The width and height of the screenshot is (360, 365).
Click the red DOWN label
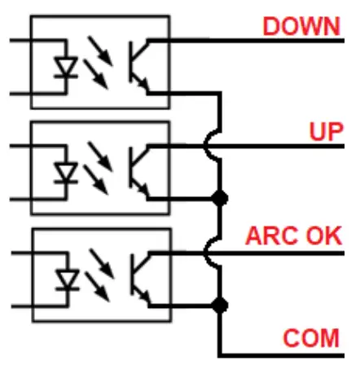pyautogui.click(x=301, y=26)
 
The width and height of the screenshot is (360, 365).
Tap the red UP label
pyautogui.click(x=327, y=132)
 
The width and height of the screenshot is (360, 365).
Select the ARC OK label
pyautogui.click(x=293, y=235)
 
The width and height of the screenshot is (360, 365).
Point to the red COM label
pyautogui.click(x=311, y=338)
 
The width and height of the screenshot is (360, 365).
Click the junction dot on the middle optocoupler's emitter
pyautogui.click(x=219, y=198)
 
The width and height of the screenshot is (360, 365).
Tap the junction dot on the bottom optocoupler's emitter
pyautogui.click(x=219, y=306)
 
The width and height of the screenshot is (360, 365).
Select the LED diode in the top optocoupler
pyautogui.click(x=66, y=68)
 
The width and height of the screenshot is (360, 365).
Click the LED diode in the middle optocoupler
pyautogui.click(x=66, y=173)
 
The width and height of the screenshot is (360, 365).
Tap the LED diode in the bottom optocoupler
pyautogui.click(x=67, y=280)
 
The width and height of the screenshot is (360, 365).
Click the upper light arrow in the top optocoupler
pyautogui.click(x=100, y=51)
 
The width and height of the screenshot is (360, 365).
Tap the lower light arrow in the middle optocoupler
pyautogui.click(x=96, y=180)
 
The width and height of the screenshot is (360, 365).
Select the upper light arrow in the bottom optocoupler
pyautogui.click(x=102, y=263)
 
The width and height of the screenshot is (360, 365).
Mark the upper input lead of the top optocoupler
pyautogui.click(x=38, y=41)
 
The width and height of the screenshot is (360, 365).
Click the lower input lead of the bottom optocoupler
pyautogui.click(x=40, y=306)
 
